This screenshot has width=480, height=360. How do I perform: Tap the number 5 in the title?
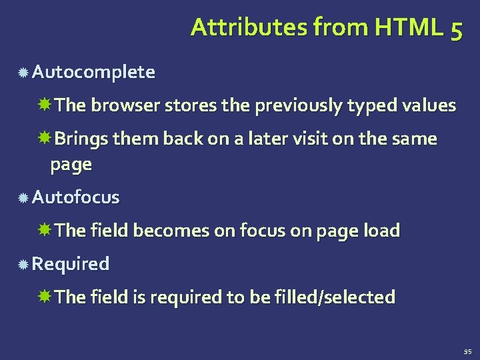tap(455, 29)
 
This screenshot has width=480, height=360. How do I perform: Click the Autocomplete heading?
tap(93, 72)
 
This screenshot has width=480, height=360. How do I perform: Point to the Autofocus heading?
tap(76, 197)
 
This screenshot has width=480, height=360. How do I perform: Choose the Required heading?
tap(71, 264)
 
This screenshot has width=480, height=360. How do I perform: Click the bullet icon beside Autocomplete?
tap(23, 73)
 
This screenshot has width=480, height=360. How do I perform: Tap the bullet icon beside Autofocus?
tap(23, 198)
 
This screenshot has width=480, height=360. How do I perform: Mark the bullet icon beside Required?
tap(23, 265)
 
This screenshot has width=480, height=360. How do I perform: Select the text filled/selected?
tap(335, 297)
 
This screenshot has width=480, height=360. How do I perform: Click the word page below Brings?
tap(70, 165)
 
